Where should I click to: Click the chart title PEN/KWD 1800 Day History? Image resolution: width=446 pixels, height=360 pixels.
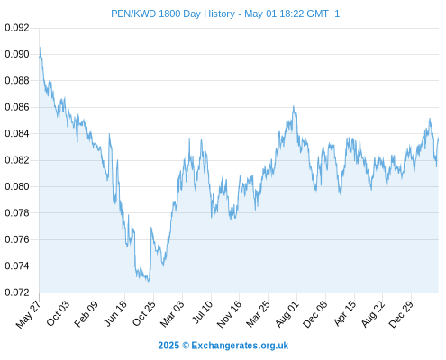click(173, 13)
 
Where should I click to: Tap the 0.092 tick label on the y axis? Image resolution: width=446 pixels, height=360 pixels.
click(17, 28)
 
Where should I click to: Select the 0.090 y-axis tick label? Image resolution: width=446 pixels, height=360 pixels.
click(17, 54)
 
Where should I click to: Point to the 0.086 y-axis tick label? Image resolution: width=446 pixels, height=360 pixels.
click(17, 107)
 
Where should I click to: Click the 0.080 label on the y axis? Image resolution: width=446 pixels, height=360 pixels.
click(17, 186)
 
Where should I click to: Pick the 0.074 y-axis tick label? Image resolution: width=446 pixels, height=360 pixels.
click(17, 265)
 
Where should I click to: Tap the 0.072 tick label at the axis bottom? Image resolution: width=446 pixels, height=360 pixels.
click(17, 292)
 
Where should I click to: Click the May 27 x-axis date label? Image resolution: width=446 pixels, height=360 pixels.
click(28, 314)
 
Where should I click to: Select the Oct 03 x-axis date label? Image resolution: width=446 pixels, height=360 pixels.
click(58, 313)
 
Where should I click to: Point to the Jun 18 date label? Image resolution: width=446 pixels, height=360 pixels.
click(115, 313)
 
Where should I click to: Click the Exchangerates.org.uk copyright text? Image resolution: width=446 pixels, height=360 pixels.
click(240, 346)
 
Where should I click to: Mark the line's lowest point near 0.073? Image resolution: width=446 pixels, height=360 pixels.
click(148, 281)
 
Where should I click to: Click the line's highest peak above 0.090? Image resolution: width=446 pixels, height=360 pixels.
click(41, 47)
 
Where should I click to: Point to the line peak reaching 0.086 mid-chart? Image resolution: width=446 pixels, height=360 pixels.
click(294, 106)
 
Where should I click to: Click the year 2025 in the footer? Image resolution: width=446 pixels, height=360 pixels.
click(168, 346)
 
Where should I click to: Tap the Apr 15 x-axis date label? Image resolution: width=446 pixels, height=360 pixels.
click(344, 313)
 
